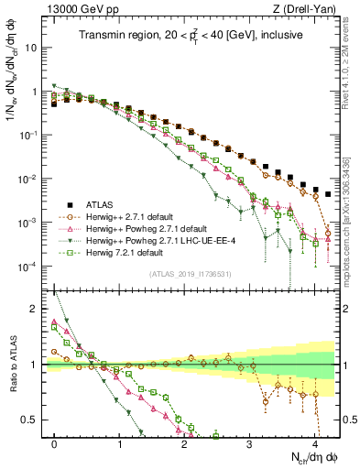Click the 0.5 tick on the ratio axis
(33, 420)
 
